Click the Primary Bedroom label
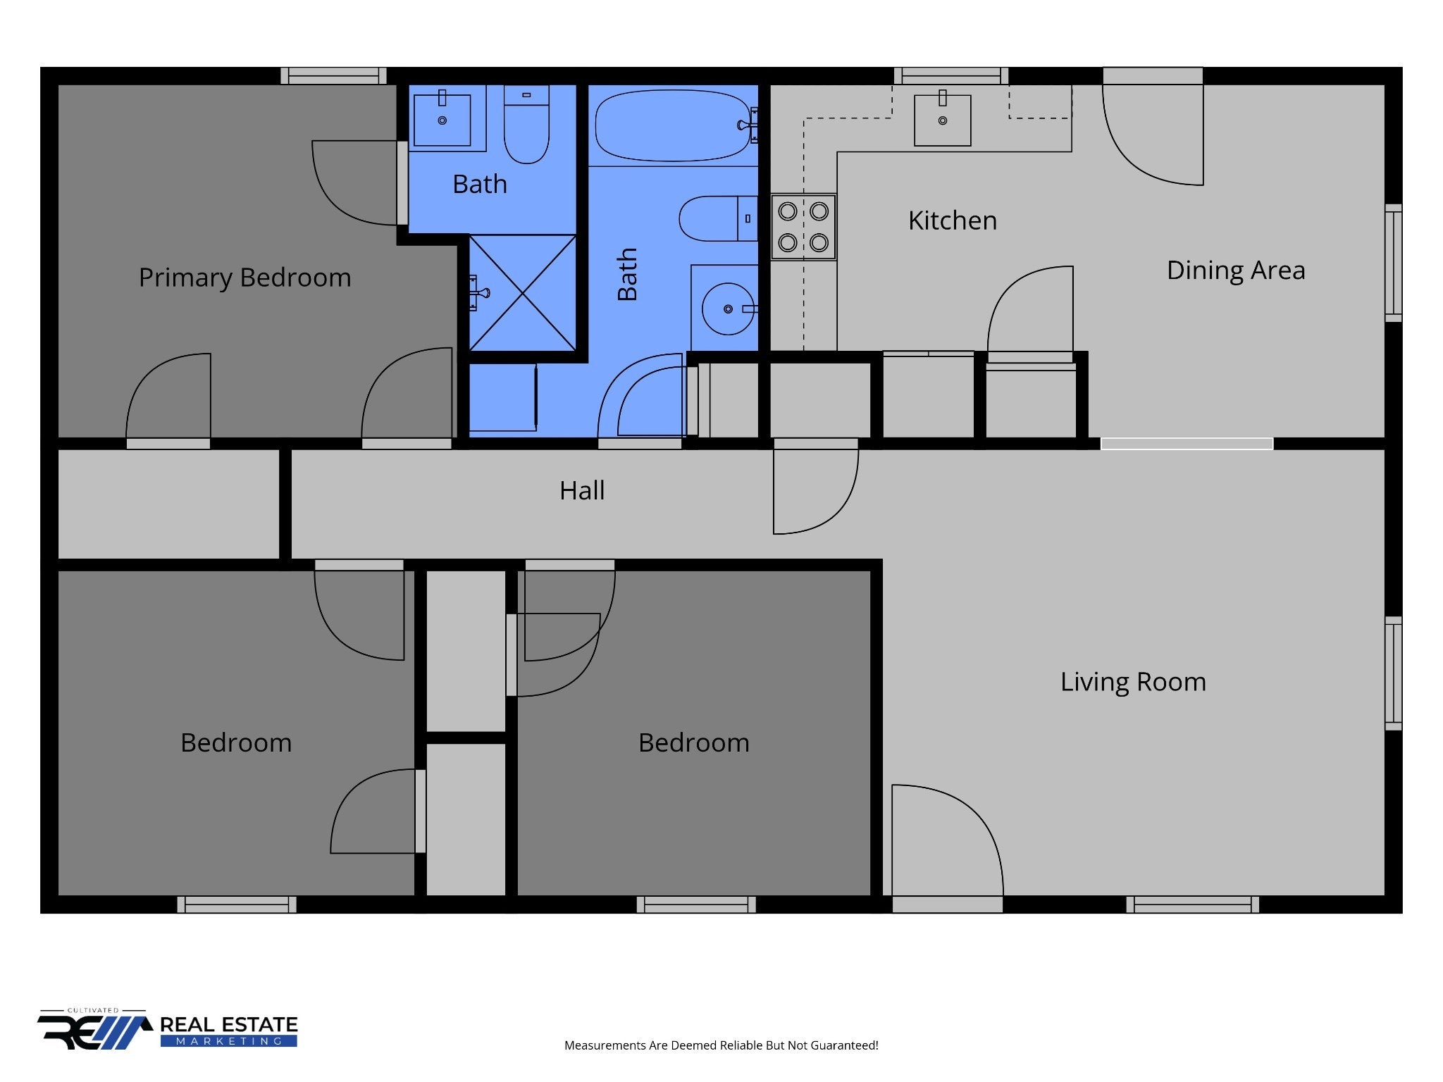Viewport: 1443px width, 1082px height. pyautogui.click(x=244, y=278)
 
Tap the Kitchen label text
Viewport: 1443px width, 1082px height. pyautogui.click(x=953, y=220)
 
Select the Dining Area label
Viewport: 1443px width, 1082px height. pyautogui.click(x=1236, y=270)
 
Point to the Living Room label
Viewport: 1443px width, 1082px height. pyautogui.click(x=1133, y=682)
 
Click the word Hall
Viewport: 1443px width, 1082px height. pyautogui.click(x=582, y=490)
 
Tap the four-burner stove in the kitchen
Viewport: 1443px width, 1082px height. pyautogui.click(x=803, y=227)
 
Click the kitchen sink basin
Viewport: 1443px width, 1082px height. pyautogui.click(x=942, y=120)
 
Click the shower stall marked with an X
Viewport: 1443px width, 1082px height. pyautogui.click(x=522, y=292)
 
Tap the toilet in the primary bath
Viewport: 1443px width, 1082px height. pyautogui.click(x=526, y=125)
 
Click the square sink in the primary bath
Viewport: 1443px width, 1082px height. pyautogui.click(x=442, y=120)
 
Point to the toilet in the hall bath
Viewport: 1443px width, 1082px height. pyautogui.click(x=718, y=218)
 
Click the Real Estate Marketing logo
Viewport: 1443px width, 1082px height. pyautogui.click(x=168, y=1031)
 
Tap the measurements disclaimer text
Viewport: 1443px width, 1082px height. pyautogui.click(x=721, y=1045)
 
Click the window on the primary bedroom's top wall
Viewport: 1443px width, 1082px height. pyautogui.click(x=333, y=76)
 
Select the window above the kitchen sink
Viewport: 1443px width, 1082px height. pyautogui.click(x=951, y=76)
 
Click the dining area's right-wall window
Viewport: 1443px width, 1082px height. pyautogui.click(x=1394, y=263)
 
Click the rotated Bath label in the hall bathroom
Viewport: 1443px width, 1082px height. pyautogui.click(x=626, y=274)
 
